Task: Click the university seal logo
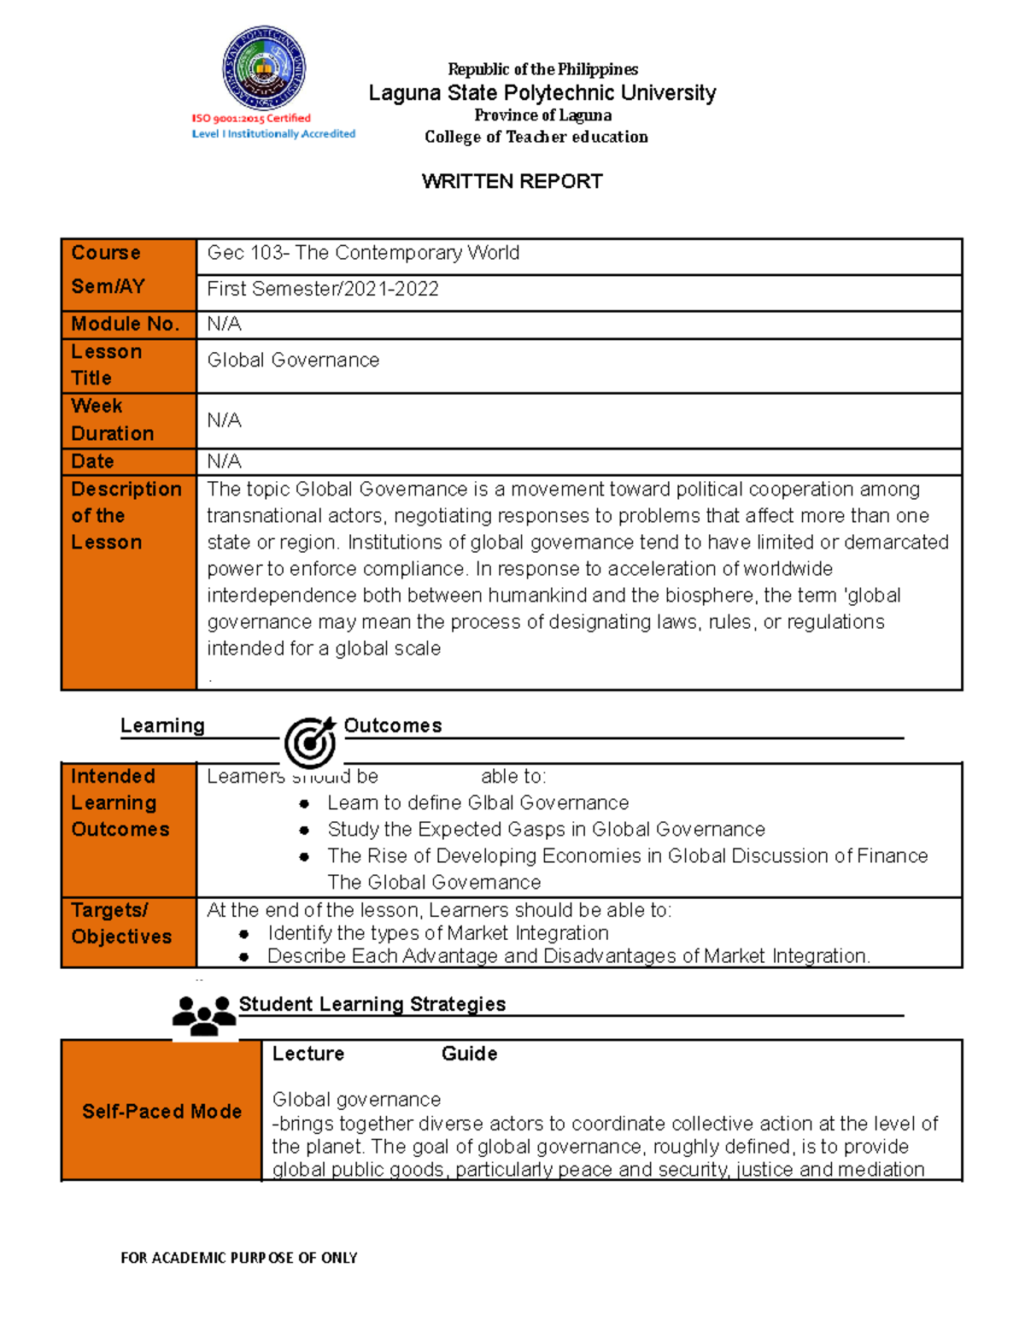(264, 68)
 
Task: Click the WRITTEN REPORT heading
(512, 181)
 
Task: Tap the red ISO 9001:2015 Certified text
(251, 119)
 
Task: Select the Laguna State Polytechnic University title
(542, 93)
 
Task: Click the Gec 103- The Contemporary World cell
(363, 253)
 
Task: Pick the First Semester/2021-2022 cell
(323, 289)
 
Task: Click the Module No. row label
(125, 324)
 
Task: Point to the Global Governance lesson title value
(293, 361)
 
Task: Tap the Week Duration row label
(112, 420)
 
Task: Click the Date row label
(92, 461)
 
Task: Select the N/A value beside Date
(224, 461)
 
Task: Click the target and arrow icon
(310, 741)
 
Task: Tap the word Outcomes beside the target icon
(392, 725)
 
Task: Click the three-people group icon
(204, 1015)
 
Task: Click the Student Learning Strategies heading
(372, 1004)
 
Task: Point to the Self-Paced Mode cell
(161, 1111)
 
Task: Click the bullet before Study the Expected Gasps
(304, 830)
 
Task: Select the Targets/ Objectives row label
(120, 924)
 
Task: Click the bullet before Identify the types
(244, 934)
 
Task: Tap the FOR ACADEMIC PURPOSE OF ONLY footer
(238, 1258)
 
